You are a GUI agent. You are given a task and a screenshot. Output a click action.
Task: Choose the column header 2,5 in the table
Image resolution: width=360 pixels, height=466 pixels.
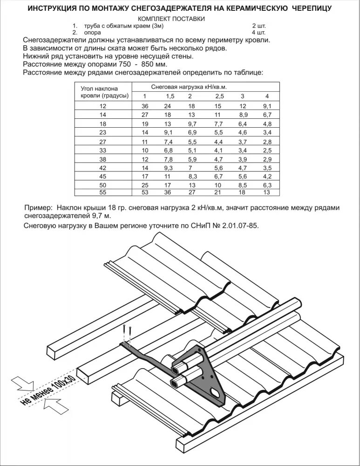pyautogui.click(x=219, y=96)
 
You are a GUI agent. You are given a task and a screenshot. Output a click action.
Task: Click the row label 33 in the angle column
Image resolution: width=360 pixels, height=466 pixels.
pyautogui.click(x=103, y=150)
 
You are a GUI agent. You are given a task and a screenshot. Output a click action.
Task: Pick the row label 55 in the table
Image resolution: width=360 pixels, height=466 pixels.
pyautogui.click(x=103, y=192)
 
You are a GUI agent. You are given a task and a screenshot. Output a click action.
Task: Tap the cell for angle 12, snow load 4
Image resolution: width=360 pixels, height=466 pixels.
pyautogui.click(x=267, y=106)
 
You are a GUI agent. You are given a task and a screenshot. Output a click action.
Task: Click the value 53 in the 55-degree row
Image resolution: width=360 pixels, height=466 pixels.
pyautogui.click(x=144, y=192)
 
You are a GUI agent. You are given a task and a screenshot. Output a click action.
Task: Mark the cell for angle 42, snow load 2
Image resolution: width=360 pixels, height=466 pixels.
pyautogui.click(x=190, y=167)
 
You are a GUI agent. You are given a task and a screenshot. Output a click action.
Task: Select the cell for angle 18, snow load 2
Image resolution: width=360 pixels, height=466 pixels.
pyautogui.click(x=191, y=123)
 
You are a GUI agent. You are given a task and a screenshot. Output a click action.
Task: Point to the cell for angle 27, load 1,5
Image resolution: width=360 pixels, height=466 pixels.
pyautogui.click(x=169, y=141)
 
